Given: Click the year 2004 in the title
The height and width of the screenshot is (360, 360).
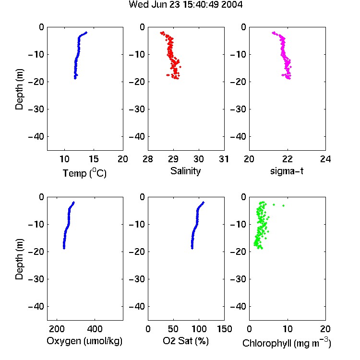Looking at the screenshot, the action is point(232,5).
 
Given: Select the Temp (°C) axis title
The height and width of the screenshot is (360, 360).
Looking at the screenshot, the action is point(84,173).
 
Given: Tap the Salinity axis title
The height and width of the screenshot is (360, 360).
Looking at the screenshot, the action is point(185,171).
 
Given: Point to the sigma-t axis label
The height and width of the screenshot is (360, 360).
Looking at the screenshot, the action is point(287,171).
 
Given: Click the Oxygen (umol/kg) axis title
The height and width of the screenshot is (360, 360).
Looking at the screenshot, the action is point(84,341).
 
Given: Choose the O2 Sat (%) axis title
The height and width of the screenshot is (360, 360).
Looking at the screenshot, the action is point(185,341).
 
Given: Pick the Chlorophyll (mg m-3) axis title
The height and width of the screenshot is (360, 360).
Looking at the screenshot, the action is point(287,342).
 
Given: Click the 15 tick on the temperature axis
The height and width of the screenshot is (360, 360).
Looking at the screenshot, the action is point(94,159).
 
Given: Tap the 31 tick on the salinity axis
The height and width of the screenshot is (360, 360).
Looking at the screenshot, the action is point(224,159).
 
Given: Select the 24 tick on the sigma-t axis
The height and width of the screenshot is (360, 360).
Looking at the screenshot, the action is point(325,159).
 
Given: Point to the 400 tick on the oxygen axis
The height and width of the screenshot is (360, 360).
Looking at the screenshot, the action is point(95,329).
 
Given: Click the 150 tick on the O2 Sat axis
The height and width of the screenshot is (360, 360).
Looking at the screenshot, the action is point(224,329).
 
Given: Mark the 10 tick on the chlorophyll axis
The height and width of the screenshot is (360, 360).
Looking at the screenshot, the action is point(288,329).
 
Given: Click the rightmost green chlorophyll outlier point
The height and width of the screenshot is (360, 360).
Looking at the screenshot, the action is point(283,205).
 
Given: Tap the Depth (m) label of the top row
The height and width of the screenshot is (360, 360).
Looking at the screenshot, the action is point(19,89).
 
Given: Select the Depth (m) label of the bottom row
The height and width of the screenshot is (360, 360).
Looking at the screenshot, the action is point(19,259).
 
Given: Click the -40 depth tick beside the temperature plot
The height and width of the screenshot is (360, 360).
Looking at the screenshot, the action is point(36,137).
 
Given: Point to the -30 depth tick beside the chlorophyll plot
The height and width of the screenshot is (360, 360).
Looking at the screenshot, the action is point(238,279).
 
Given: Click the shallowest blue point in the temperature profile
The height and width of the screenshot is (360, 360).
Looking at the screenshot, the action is point(86,33).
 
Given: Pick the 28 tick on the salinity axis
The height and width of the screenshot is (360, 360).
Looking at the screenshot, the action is point(148,159).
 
